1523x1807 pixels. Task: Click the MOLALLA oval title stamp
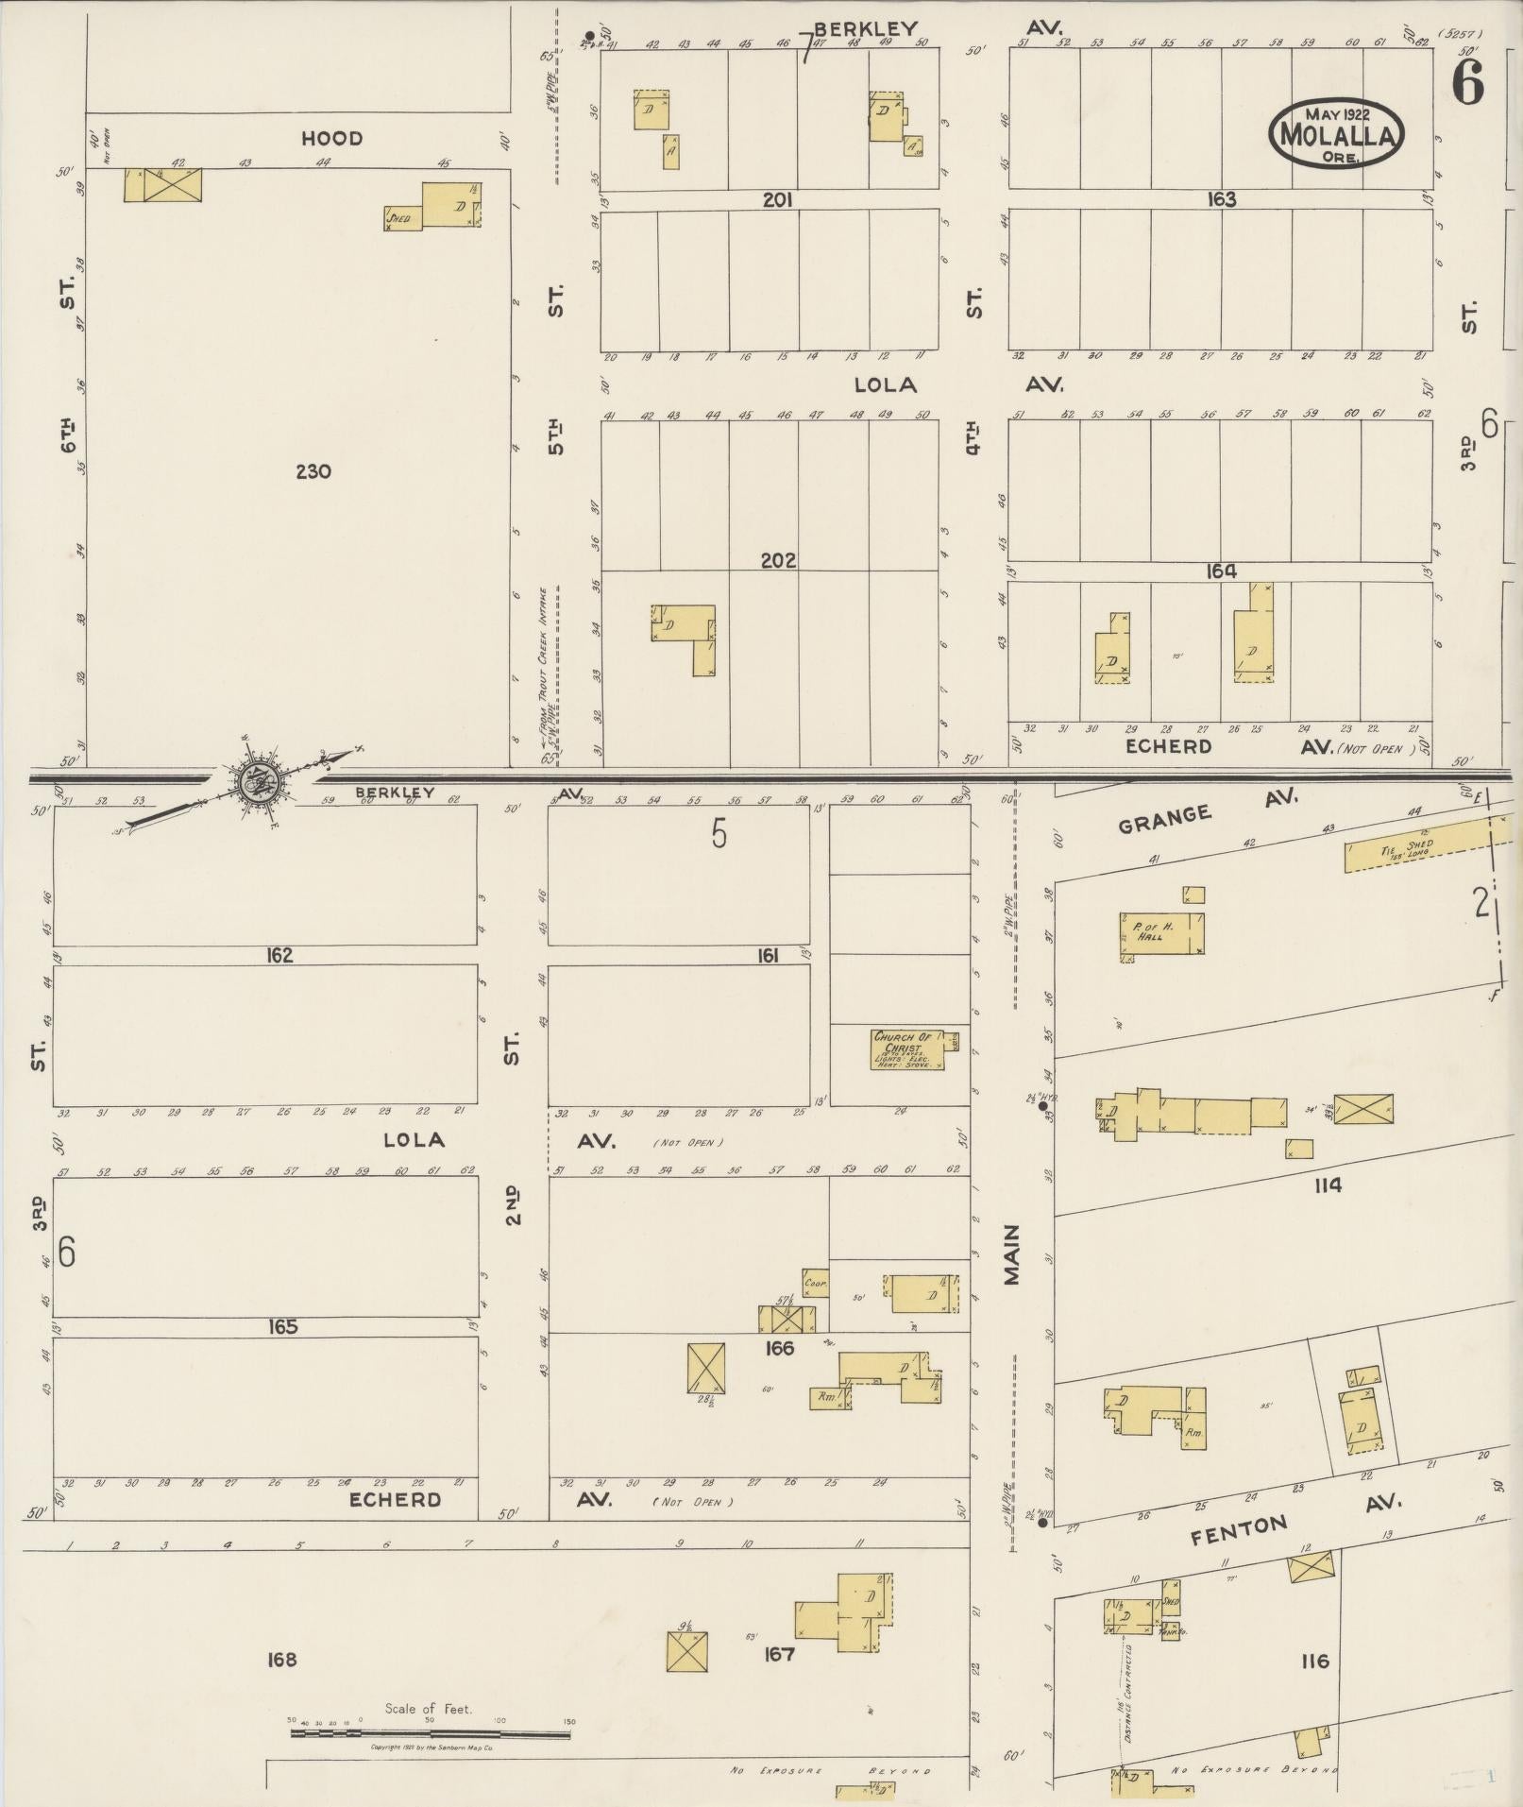point(1335,135)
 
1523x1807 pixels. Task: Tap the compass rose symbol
point(255,780)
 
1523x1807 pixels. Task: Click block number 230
point(313,470)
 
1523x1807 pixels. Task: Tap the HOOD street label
point(331,139)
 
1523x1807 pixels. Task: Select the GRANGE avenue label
point(1163,819)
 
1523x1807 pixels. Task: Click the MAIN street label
point(1011,1254)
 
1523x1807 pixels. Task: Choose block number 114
point(1327,1185)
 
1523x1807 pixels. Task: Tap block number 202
point(778,561)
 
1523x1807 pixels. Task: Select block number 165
point(282,1327)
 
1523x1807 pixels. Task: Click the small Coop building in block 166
point(815,1284)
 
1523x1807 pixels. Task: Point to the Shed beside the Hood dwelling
point(402,218)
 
